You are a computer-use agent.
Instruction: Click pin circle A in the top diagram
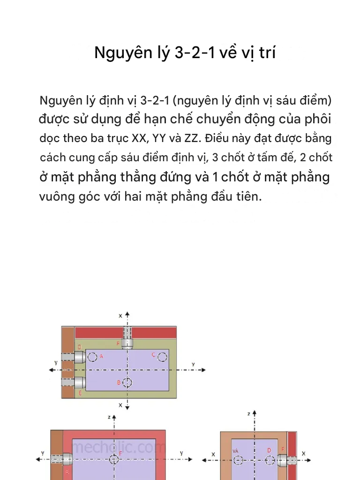92,357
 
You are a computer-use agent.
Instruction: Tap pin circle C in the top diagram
162,357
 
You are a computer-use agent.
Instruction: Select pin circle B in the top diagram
127,382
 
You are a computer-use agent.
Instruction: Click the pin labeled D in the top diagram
78,357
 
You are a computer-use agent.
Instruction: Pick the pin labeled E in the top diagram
78,382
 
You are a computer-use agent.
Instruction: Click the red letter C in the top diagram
153,355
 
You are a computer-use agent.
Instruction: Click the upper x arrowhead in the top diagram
127,313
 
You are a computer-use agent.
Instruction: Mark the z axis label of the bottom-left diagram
109,416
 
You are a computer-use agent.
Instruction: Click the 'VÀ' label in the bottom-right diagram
236,450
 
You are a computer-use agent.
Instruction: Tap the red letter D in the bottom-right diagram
269,450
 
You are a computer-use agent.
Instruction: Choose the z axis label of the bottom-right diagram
249,414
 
